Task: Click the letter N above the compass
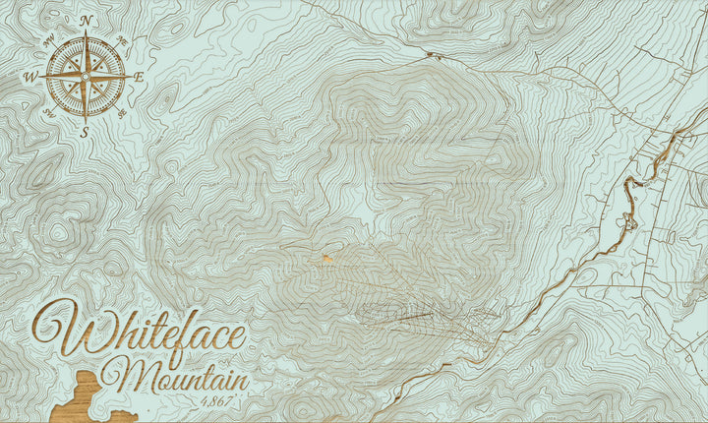point(87,21)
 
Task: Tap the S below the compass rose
point(86,131)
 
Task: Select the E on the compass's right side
point(139,77)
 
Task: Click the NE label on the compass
point(122,40)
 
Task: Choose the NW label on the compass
point(49,40)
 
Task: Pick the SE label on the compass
point(123,112)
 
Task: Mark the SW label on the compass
point(49,112)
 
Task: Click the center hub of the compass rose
point(86,76)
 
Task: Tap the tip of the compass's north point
point(86,32)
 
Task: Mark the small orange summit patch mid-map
point(324,260)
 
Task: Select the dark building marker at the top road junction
point(428,53)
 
